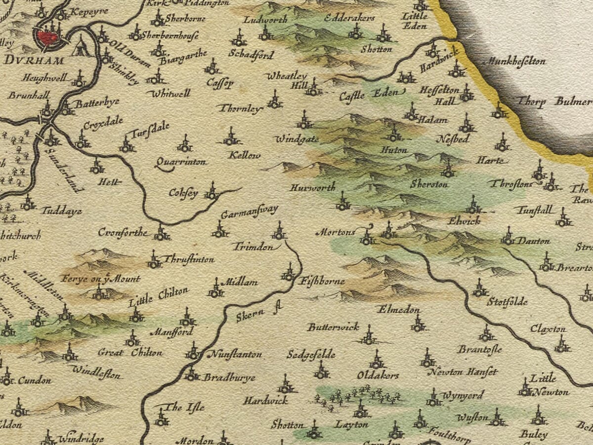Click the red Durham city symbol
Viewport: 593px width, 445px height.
coord(47,38)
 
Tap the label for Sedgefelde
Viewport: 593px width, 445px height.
coord(311,355)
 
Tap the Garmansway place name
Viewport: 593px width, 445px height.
coord(249,213)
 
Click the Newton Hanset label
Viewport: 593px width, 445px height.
coord(462,372)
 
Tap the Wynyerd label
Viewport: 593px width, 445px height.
coord(463,396)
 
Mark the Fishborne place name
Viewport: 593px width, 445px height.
coord(322,282)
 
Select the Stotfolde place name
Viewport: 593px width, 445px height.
coord(507,302)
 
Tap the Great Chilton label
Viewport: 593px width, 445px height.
coord(129,353)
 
